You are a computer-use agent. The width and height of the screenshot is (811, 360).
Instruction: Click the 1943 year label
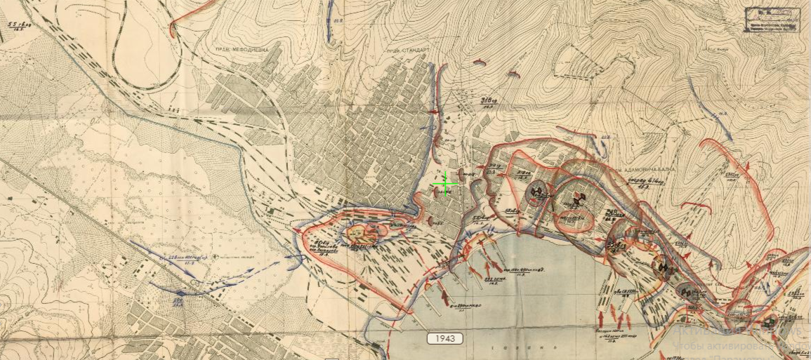pos(445,338)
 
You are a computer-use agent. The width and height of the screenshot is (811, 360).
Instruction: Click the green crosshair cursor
pos(444,184)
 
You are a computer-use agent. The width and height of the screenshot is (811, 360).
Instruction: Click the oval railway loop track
pos(148,49)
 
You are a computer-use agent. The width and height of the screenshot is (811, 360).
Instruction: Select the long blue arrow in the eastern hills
pos(710,105)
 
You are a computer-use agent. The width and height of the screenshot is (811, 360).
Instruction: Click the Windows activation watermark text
pos(737,345)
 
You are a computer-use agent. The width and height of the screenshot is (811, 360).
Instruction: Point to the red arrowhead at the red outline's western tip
pos(298,229)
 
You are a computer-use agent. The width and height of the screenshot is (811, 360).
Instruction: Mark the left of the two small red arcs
pos(480,62)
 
